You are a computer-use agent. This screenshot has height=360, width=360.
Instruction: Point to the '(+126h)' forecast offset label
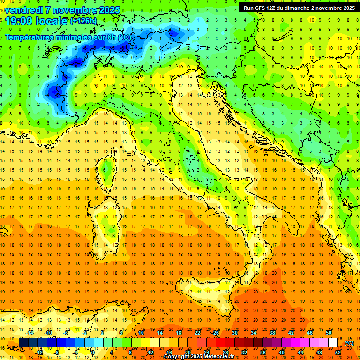click(x=83, y=21)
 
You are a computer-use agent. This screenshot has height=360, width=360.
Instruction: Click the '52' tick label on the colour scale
click(x=338, y=352)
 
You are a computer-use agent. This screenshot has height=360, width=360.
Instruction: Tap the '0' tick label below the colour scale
click(x=92, y=352)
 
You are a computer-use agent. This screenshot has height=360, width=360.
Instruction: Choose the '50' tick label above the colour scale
click(x=329, y=333)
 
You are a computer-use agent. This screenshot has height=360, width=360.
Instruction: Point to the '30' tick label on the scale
click(x=234, y=333)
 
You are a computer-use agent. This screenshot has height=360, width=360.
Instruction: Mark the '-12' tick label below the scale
click(x=39, y=352)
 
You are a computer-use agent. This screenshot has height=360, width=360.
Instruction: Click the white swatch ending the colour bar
click(x=333, y=343)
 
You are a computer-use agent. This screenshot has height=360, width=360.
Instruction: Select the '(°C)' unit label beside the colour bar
click(x=349, y=343)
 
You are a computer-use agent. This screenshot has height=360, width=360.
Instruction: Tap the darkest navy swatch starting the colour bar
click(x=23, y=343)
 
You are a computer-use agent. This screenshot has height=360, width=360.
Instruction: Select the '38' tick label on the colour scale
click(x=272, y=333)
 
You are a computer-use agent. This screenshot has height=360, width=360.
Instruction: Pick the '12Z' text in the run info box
click(x=270, y=8)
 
